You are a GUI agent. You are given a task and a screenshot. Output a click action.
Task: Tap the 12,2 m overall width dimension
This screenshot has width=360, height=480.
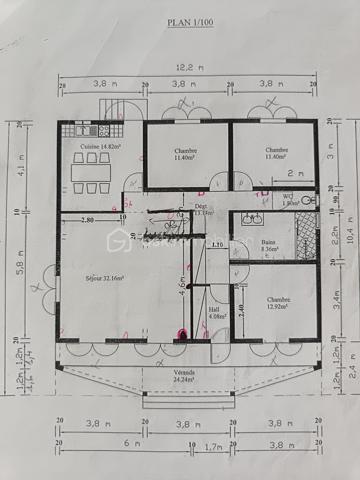(186, 69)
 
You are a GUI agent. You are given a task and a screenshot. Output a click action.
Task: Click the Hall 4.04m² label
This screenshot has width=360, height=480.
(217, 314)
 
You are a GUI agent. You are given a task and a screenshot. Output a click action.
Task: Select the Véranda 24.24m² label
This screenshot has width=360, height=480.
(185, 376)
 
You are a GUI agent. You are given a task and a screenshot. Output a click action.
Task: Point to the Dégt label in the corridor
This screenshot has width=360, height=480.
(203, 208)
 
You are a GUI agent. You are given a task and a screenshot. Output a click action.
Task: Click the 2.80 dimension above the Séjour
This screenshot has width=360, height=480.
(87, 219)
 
